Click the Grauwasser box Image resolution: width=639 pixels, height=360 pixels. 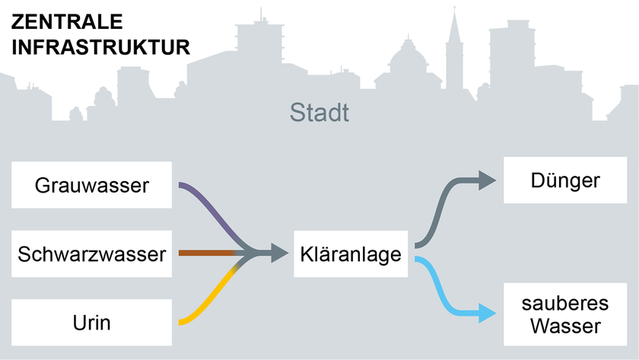(x=91, y=184)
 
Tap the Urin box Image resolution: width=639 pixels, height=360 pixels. (x=91, y=323)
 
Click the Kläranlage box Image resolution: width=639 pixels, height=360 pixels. (x=351, y=253)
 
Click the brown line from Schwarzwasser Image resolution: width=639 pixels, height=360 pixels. (x=205, y=253)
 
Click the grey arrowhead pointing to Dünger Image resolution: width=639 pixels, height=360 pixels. (x=485, y=180)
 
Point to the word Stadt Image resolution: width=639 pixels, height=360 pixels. (x=319, y=114)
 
